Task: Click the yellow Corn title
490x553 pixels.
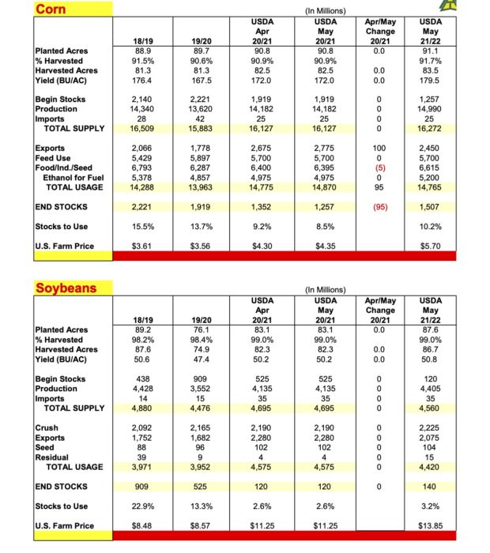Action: pyautogui.click(x=51, y=9)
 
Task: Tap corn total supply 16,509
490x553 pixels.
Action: pyautogui.click(x=142, y=128)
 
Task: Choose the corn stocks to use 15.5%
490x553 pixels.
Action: pyautogui.click(x=142, y=226)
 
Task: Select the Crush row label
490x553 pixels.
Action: pyautogui.click(x=47, y=427)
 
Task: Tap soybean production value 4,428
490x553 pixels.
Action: pyautogui.click(x=142, y=388)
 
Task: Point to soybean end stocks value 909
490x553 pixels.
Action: pyautogui.click(x=142, y=487)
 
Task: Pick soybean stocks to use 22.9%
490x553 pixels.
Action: pyautogui.click(x=142, y=506)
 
